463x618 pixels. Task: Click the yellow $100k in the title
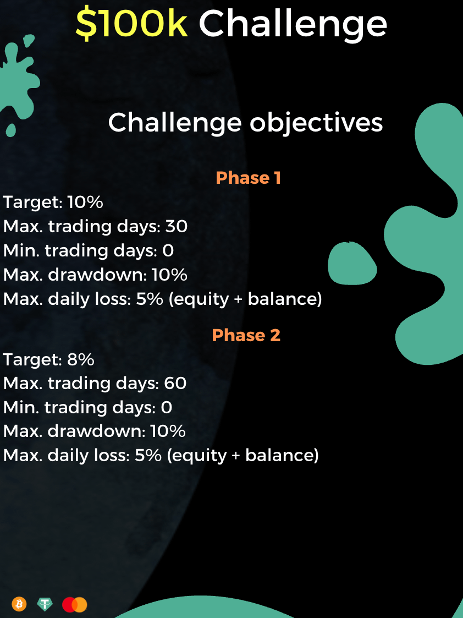point(131,24)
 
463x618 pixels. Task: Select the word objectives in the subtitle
point(316,123)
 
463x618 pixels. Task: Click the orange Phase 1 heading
point(248,178)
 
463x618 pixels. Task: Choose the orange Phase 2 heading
point(246,335)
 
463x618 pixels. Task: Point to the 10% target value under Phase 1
point(85,202)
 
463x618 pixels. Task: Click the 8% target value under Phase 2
point(81,359)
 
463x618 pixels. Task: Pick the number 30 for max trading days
point(176,226)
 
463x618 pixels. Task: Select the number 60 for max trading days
point(175,384)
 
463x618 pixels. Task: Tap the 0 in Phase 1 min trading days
point(168,251)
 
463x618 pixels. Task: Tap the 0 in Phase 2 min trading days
point(167,408)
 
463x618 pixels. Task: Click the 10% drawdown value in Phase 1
point(169,275)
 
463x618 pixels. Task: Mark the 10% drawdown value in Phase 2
point(168,431)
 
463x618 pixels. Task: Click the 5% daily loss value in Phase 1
point(150,299)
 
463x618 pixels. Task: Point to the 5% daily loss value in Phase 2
point(148,455)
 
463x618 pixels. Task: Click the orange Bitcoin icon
point(19,604)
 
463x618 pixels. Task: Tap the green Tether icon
point(45,604)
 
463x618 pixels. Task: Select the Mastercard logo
point(74,605)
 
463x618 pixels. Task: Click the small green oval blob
point(352,263)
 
